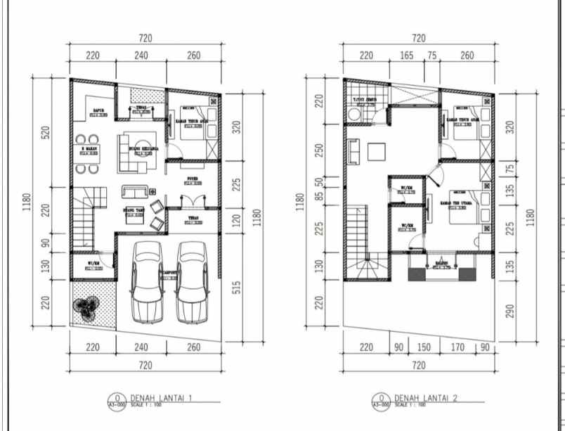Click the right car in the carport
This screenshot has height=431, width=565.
[190, 281]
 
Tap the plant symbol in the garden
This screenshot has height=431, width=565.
[87, 308]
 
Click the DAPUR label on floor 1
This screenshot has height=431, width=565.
[98, 110]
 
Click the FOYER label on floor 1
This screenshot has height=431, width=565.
[193, 179]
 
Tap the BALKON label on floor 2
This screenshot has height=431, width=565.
[441, 264]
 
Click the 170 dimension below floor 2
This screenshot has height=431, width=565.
[457, 347]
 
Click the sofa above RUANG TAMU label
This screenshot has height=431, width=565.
[134, 192]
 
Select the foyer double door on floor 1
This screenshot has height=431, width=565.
[193, 200]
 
